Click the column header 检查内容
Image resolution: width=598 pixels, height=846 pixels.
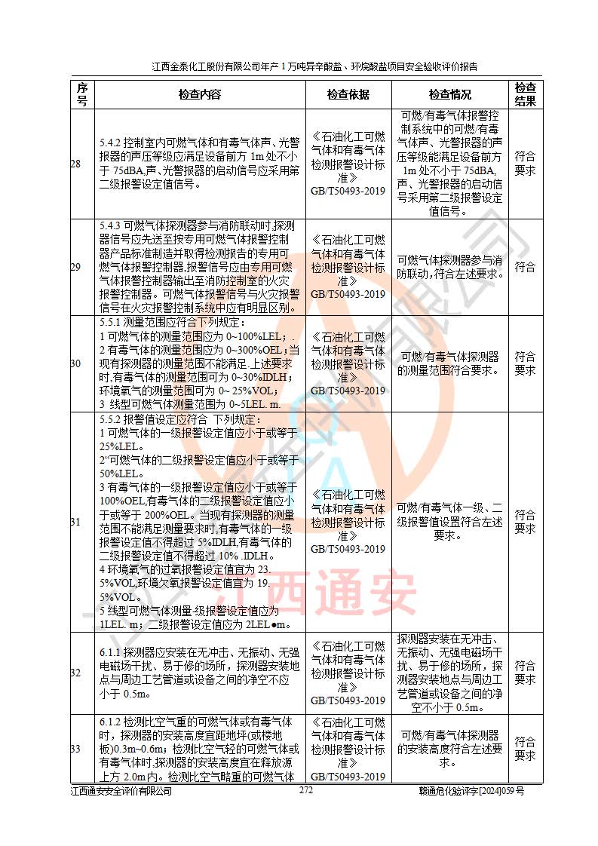coord(199,94)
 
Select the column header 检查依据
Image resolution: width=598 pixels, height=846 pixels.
coord(348,94)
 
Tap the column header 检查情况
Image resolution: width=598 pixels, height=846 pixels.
coord(449,94)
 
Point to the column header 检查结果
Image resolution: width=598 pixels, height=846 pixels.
coord(525,94)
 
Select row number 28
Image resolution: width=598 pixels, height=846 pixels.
coord(75,164)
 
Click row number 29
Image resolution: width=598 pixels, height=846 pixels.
coord(75,267)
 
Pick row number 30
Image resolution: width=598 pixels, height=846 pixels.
coord(75,363)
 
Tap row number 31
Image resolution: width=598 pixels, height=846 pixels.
coord(75,522)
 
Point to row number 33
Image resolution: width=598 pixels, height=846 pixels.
coord(75,749)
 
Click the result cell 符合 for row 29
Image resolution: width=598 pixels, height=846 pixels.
coord(525,267)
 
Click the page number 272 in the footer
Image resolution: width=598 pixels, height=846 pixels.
coord(306,790)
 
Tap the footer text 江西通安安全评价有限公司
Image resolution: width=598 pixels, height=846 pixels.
coord(121,791)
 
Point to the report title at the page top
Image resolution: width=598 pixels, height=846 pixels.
coord(314,66)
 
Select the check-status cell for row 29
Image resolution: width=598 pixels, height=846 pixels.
coord(449,267)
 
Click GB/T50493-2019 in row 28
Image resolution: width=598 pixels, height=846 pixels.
coord(348,192)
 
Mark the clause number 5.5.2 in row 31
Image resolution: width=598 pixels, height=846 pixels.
coord(113,419)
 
